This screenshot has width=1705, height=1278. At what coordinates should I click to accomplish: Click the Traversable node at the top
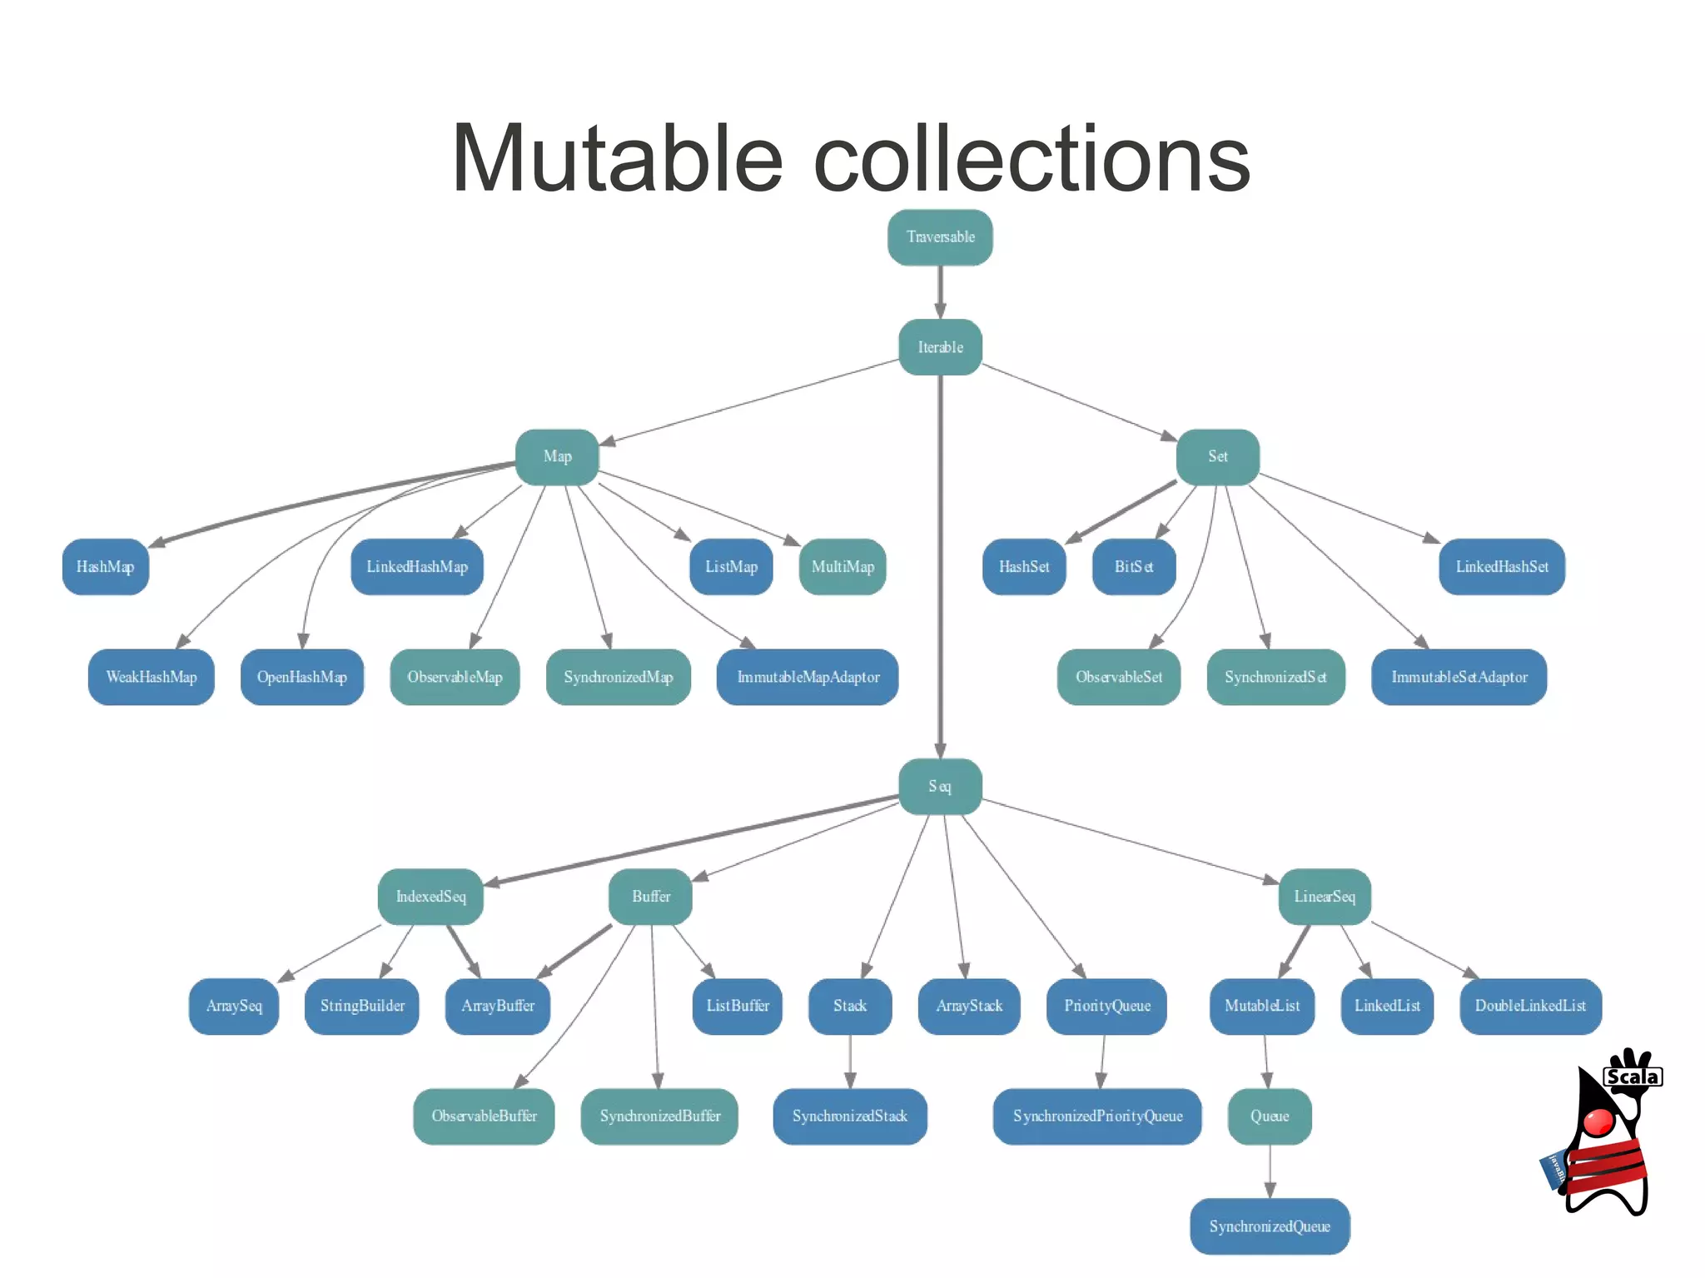(940, 237)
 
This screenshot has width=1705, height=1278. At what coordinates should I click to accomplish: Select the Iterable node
(940, 347)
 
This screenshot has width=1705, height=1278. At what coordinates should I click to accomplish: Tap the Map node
(557, 456)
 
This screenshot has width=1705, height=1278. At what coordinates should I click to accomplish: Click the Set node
(1217, 456)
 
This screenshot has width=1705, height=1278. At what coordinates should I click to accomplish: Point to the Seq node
(940, 786)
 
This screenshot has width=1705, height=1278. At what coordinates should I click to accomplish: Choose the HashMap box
(105, 567)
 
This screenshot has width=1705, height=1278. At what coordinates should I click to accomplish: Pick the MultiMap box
(843, 567)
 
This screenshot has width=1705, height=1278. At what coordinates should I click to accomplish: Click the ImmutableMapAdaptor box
(808, 677)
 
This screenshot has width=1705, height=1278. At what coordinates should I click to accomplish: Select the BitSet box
(1134, 567)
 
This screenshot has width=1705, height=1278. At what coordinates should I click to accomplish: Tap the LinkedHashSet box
(1502, 567)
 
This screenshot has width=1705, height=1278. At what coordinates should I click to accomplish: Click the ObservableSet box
(1118, 677)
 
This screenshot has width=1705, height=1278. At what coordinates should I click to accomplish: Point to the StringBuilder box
(362, 1006)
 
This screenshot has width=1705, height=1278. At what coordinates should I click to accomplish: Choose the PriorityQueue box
(1106, 1006)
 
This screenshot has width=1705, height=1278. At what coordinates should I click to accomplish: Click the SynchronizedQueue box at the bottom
(1270, 1226)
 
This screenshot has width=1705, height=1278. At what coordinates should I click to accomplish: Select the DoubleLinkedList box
(1530, 1006)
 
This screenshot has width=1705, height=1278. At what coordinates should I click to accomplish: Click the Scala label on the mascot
(1633, 1077)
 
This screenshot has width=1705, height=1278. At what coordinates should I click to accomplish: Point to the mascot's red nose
(1598, 1121)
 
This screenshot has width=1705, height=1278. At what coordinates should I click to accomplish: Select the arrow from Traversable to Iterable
(940, 291)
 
